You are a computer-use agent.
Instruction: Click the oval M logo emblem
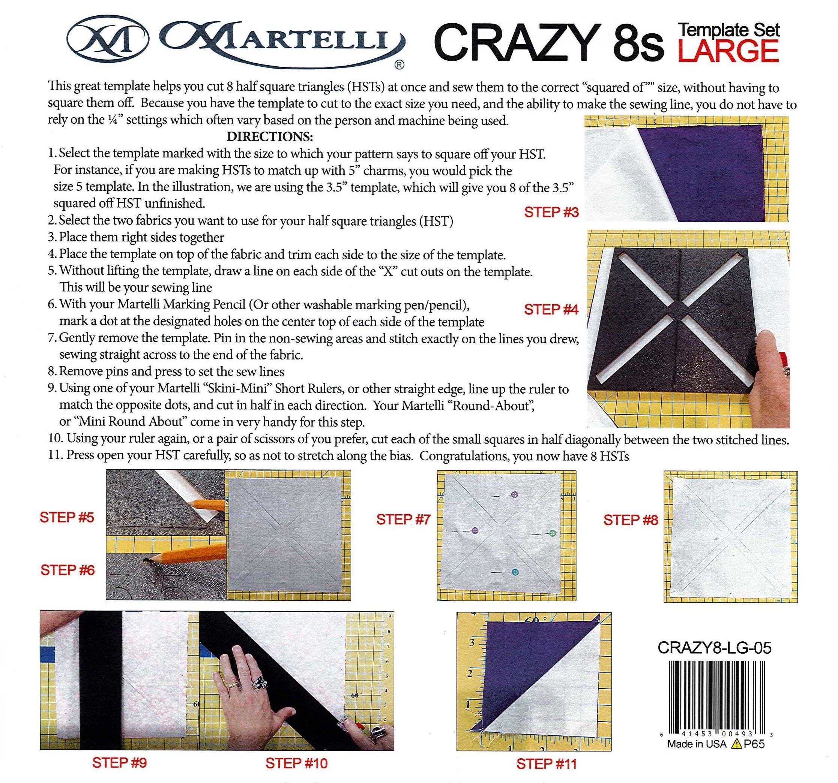click(108, 40)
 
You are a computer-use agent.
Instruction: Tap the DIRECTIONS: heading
click(270, 136)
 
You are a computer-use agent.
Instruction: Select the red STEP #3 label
click(551, 212)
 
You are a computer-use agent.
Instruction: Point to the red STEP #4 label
click(551, 310)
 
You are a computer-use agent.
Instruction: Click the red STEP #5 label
click(67, 517)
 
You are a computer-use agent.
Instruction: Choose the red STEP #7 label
click(403, 520)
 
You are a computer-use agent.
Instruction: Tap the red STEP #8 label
click(631, 520)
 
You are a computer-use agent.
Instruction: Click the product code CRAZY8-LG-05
click(715, 648)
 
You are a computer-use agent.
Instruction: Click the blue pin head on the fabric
click(515, 572)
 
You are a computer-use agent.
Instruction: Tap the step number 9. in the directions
click(52, 388)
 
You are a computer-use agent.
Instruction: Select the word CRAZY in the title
click(517, 42)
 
